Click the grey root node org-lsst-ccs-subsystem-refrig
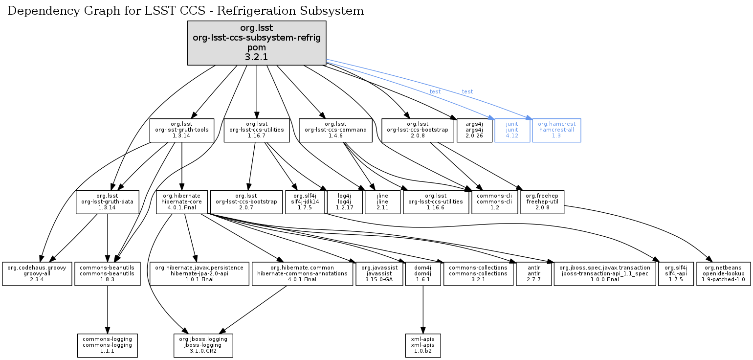(x=257, y=43)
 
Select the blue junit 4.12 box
(x=512, y=130)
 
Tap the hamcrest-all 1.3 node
(x=556, y=130)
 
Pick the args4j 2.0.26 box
(x=474, y=130)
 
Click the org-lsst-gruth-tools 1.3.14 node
(x=182, y=130)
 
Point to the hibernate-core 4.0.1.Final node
(x=181, y=202)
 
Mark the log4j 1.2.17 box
(x=345, y=202)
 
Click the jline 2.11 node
(x=382, y=202)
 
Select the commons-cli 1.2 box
(x=494, y=202)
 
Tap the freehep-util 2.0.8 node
(x=542, y=202)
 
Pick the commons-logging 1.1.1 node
(x=108, y=345)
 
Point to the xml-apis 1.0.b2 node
(x=423, y=345)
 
